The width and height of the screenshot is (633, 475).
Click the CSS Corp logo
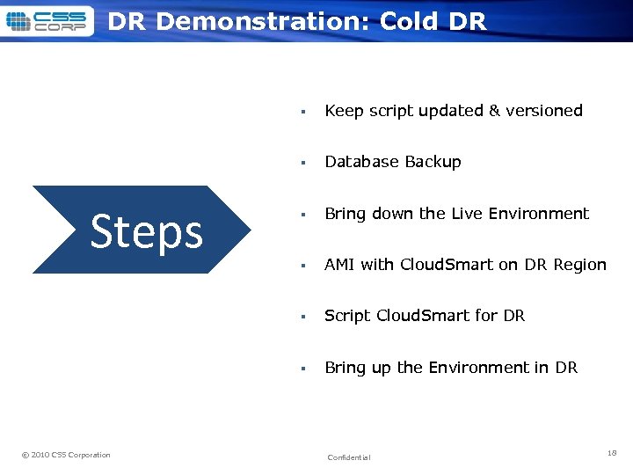click(x=47, y=21)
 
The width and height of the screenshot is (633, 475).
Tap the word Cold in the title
click(x=411, y=22)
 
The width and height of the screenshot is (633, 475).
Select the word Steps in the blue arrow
click(x=147, y=231)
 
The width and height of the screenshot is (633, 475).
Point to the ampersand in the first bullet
click(x=494, y=111)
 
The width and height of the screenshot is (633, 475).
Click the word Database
click(x=362, y=162)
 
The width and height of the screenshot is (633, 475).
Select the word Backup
click(x=433, y=162)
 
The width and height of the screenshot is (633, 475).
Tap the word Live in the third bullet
click(x=468, y=214)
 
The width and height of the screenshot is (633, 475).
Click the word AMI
click(x=340, y=265)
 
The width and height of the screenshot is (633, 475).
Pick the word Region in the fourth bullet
click(x=578, y=265)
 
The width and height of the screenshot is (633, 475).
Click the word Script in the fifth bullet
click(x=347, y=316)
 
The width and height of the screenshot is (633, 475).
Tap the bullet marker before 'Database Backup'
click(x=302, y=163)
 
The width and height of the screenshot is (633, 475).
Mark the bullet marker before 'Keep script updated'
click(x=302, y=112)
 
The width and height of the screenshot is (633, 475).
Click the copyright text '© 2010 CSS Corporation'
click(x=66, y=455)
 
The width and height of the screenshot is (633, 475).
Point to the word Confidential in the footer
click(x=349, y=457)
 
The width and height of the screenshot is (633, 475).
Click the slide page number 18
click(x=612, y=452)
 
